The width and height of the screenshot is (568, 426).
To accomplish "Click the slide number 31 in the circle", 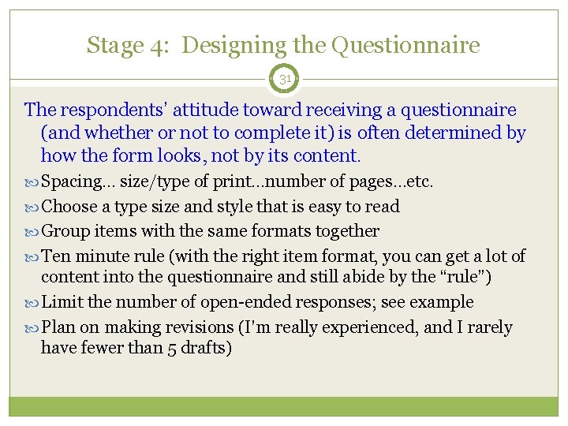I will click(284, 80).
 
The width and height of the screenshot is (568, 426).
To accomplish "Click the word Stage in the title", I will click(116, 46).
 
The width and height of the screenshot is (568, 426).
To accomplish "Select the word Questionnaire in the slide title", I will click(405, 45).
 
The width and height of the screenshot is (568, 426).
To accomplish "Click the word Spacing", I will click(69, 182).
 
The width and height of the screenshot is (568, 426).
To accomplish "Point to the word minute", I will click(99, 256).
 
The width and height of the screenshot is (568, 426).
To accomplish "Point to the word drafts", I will click(206, 348).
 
